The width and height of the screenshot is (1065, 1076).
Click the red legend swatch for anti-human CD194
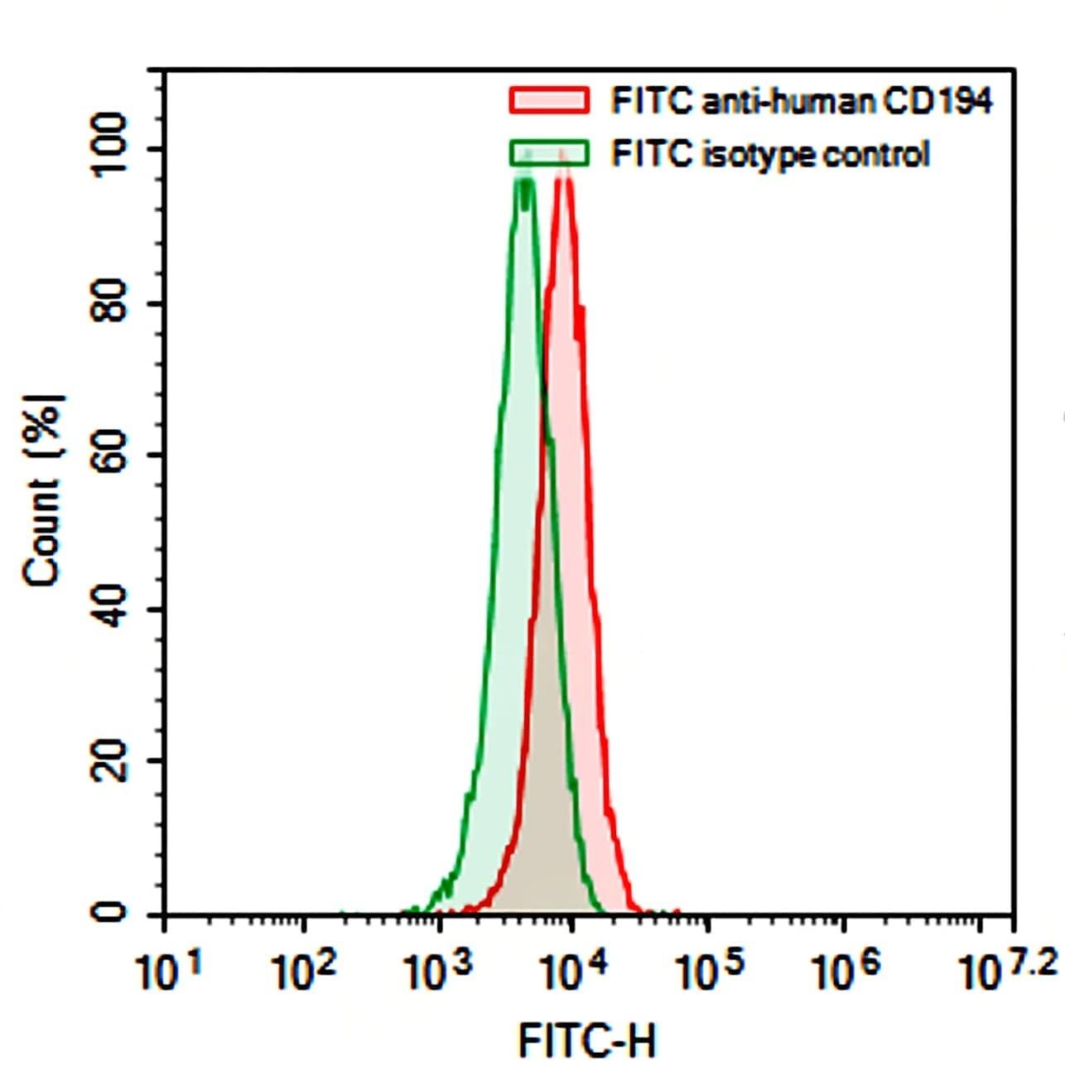(549, 100)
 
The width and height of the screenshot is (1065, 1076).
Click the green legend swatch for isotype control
(549, 153)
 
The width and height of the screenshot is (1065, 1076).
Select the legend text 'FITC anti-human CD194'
(801, 101)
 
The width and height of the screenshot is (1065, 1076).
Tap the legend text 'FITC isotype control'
(769, 154)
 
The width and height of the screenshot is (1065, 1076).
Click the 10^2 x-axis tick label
(303, 972)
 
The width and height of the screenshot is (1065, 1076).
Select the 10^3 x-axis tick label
(438, 972)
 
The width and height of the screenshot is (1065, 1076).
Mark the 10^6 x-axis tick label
(842, 972)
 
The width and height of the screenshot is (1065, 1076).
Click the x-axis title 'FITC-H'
(587, 1040)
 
